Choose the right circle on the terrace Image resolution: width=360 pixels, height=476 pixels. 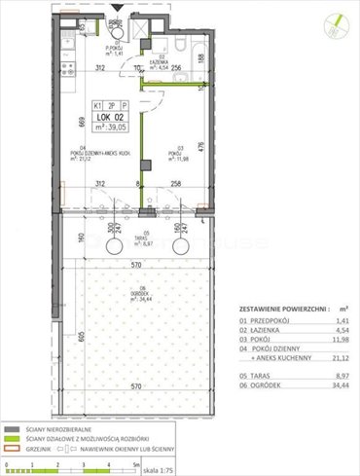[x=179, y=250]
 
